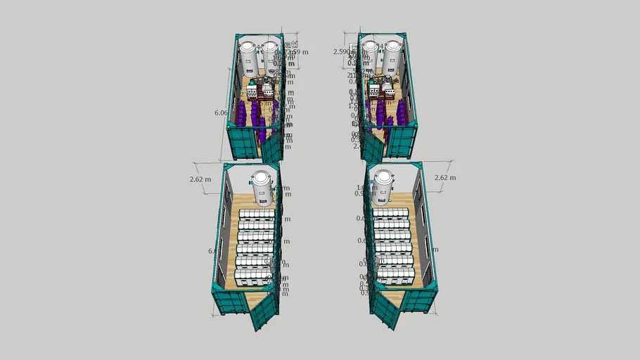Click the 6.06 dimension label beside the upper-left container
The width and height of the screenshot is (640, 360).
point(220,112)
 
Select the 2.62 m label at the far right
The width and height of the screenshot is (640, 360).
point(445,178)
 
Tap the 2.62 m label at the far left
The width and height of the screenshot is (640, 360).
point(200,179)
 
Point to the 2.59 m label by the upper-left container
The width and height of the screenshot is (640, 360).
point(296,52)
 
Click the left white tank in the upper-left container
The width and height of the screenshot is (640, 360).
point(248,60)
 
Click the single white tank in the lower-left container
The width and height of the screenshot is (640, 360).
point(262,186)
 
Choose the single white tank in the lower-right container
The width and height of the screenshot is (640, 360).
point(384,186)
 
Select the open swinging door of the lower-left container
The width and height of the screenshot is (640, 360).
point(264,309)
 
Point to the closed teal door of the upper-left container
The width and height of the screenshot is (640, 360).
point(241,143)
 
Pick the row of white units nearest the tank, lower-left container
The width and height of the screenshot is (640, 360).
point(257,214)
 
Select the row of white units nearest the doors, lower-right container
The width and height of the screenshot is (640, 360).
point(394,274)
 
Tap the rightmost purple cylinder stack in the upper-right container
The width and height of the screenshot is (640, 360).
point(402,112)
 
